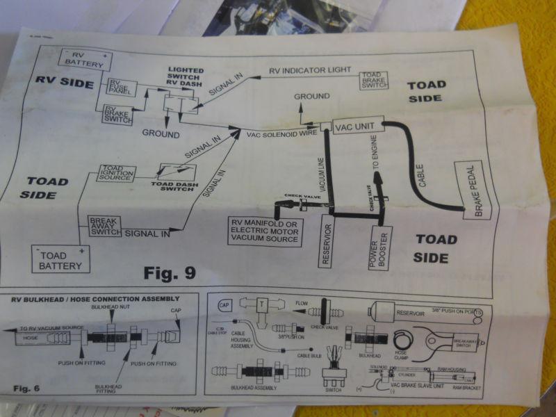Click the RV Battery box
86,59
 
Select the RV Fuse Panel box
121,88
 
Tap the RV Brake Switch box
117,114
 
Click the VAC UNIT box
358,126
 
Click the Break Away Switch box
104,226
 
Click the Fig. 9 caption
171,272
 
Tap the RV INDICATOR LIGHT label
309,70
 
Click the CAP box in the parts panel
224,305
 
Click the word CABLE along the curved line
423,172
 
